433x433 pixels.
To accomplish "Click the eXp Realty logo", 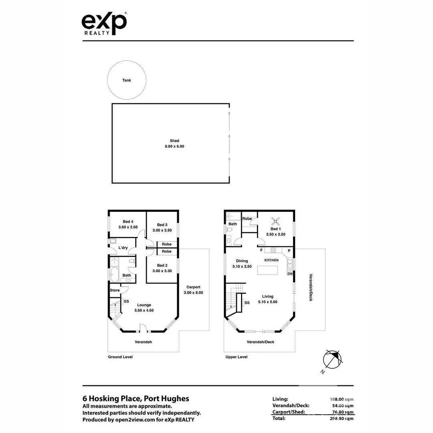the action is point(104,24).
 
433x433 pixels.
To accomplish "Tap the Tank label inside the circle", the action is point(127,80).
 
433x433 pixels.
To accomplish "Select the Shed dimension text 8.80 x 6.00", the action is point(174,146).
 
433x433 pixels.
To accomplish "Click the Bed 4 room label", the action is point(128,221).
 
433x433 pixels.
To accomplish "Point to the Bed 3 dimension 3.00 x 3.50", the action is point(162,230).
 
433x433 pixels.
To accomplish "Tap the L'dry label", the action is point(123,248).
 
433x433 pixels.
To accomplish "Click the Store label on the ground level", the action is point(115,290).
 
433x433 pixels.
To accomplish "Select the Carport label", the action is point(193,287).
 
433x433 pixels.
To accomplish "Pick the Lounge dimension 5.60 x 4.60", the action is point(144,310).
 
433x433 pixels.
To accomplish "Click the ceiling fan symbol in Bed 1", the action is point(275,221).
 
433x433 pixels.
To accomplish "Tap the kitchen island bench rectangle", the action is point(267,270).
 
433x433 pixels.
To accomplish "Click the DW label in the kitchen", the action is point(290,274).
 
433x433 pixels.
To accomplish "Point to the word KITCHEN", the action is point(271,260).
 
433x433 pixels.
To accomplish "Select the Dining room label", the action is point(242,261).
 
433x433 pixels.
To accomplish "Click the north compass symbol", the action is point(332,359).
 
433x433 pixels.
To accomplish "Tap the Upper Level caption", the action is point(237,357).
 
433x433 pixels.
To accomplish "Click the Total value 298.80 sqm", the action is point(342,419).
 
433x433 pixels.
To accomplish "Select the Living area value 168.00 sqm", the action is point(342,399).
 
